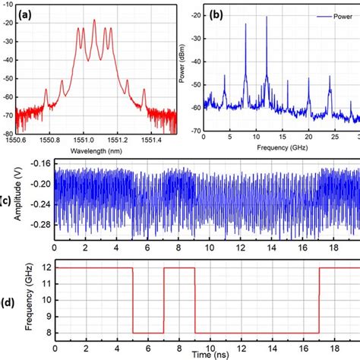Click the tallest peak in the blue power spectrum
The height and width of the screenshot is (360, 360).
click(267, 17)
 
